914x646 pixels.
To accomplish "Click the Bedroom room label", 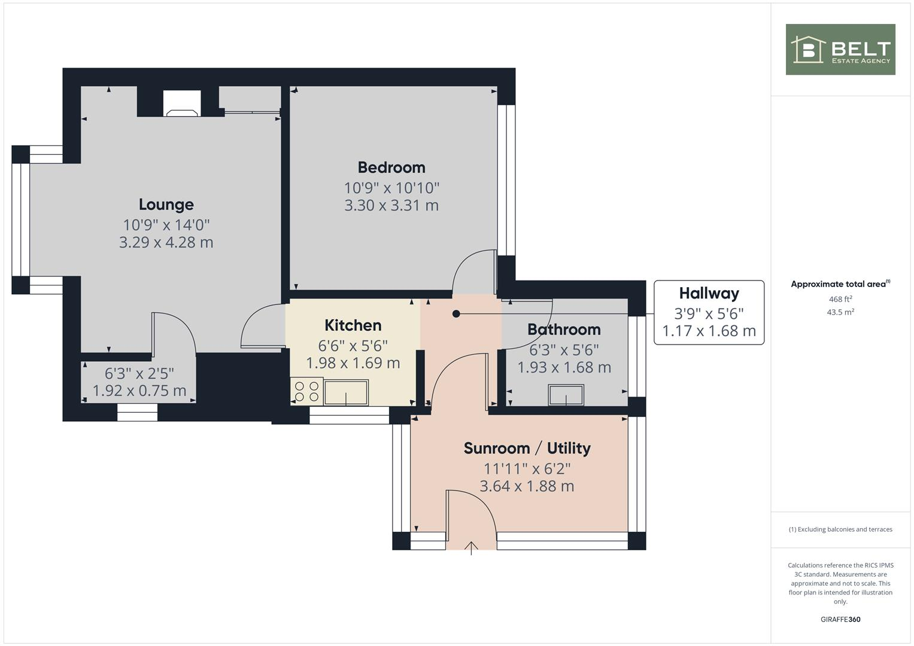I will coord(391,167).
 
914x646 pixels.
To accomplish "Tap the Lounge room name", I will coord(166,205).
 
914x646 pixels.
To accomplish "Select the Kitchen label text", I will coord(353,325).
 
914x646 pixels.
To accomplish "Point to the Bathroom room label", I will coord(564,330).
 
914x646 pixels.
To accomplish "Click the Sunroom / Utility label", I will coord(527,449).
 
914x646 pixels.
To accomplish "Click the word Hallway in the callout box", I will coord(709,294).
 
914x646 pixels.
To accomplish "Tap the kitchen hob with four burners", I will coord(306,391).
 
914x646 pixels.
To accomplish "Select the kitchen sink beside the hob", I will coord(346,393).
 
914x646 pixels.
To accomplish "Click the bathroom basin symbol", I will coord(566,395).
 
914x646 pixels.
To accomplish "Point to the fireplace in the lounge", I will coord(182,104).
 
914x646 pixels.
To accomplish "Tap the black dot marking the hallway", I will coord(456,313).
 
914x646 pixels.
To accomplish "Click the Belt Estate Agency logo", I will coord(840,50).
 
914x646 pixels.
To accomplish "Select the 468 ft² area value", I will coord(840,299).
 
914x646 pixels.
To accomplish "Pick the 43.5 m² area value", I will coord(840,312).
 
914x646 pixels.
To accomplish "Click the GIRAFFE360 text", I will coord(840,620).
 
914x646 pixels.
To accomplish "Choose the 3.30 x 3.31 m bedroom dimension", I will coord(391,206).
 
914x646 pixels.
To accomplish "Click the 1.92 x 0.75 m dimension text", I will coord(139,391).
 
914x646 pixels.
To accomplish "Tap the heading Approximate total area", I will coord(839,284).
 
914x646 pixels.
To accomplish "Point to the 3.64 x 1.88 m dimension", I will coord(527,486).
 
